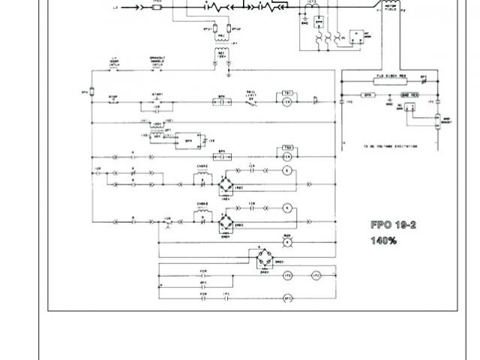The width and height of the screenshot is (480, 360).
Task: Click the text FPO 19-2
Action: coord(393,225)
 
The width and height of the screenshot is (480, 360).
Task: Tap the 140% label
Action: coord(383,241)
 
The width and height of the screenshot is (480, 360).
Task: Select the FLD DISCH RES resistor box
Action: coord(386,77)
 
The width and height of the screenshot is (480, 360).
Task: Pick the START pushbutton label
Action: coord(158,94)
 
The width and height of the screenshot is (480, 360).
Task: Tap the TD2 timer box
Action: coord(286,147)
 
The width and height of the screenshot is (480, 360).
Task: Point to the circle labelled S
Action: coord(286,172)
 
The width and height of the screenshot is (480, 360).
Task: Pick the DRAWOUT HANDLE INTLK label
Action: coord(158,61)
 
